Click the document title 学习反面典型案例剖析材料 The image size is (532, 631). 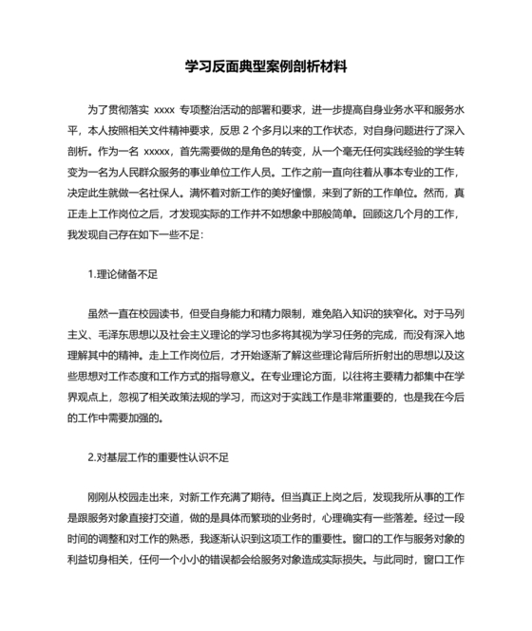[266, 68]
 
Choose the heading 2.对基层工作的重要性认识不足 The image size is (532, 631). [158, 456]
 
